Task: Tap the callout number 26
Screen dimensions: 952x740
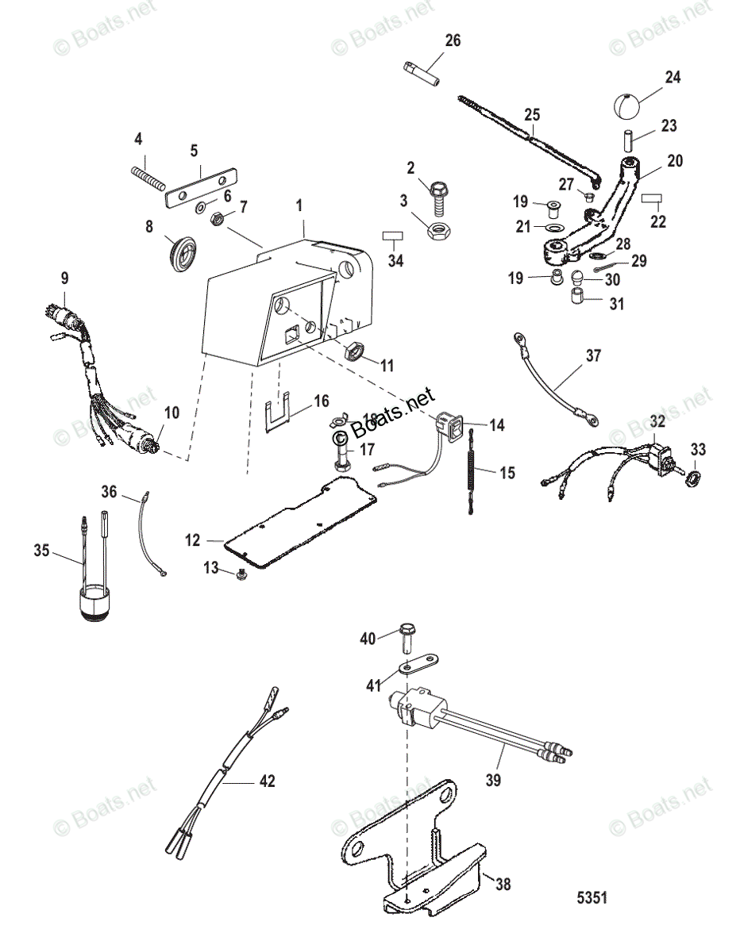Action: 453,40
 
